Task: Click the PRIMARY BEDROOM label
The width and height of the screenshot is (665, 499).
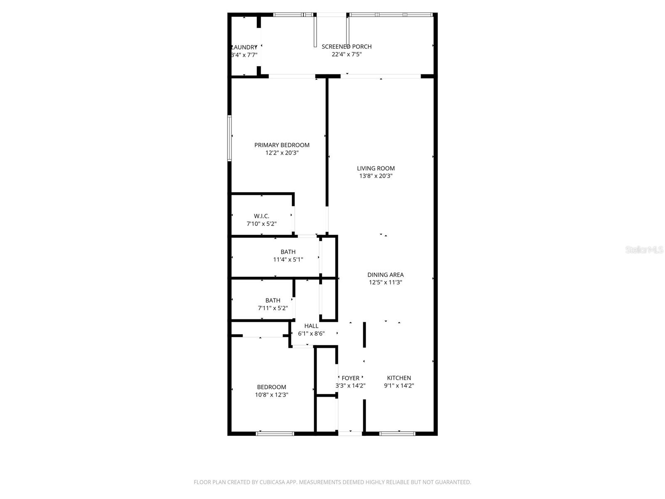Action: [x=282, y=145]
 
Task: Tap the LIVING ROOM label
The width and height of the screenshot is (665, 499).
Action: [x=376, y=168]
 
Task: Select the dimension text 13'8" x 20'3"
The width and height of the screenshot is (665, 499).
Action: [x=376, y=176]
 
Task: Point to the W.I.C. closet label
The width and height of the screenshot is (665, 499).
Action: [x=261, y=216]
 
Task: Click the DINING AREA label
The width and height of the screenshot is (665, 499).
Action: [x=385, y=275]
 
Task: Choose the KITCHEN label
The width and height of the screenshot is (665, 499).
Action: [x=399, y=378]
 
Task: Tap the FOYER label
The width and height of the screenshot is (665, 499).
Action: [x=350, y=378]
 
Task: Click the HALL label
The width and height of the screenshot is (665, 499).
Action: [x=311, y=326]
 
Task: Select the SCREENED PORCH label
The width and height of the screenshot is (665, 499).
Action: [x=347, y=47]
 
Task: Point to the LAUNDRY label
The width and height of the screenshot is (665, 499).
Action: [x=244, y=47]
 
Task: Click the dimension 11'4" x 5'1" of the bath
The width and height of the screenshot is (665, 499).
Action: [x=288, y=259]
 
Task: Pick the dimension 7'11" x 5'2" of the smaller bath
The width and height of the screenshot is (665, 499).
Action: [x=273, y=308]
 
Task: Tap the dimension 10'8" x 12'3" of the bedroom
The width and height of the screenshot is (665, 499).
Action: [x=271, y=395]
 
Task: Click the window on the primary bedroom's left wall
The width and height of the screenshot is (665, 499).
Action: [x=229, y=138]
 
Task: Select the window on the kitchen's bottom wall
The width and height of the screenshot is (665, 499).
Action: [x=397, y=434]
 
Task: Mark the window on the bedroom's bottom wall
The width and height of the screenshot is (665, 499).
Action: [x=275, y=434]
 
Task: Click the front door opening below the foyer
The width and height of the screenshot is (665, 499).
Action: [x=350, y=434]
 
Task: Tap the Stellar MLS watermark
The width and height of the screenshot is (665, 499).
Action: [x=645, y=250]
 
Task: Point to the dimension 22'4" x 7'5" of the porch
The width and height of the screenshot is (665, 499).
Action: [x=347, y=54]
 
